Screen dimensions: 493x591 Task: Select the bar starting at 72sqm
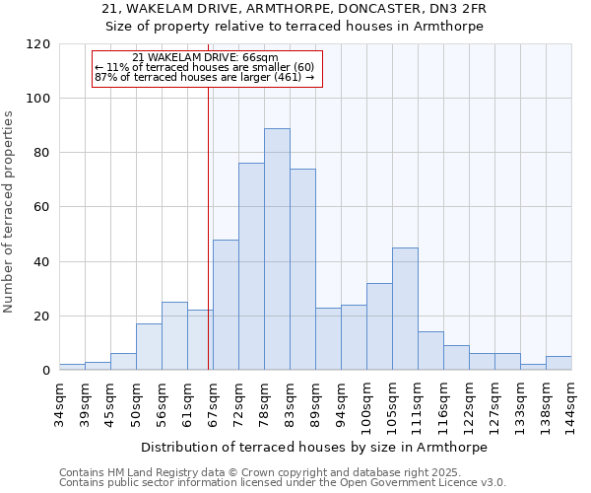click(x=251, y=266)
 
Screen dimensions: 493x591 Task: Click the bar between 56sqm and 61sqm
click(x=174, y=335)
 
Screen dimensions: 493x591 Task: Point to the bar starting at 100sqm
click(x=379, y=326)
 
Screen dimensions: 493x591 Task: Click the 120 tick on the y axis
click(x=38, y=44)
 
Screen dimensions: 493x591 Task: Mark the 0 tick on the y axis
click(x=45, y=371)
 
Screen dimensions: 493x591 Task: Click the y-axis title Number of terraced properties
click(x=10, y=212)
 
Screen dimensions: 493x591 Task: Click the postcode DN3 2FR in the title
click(x=448, y=9)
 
